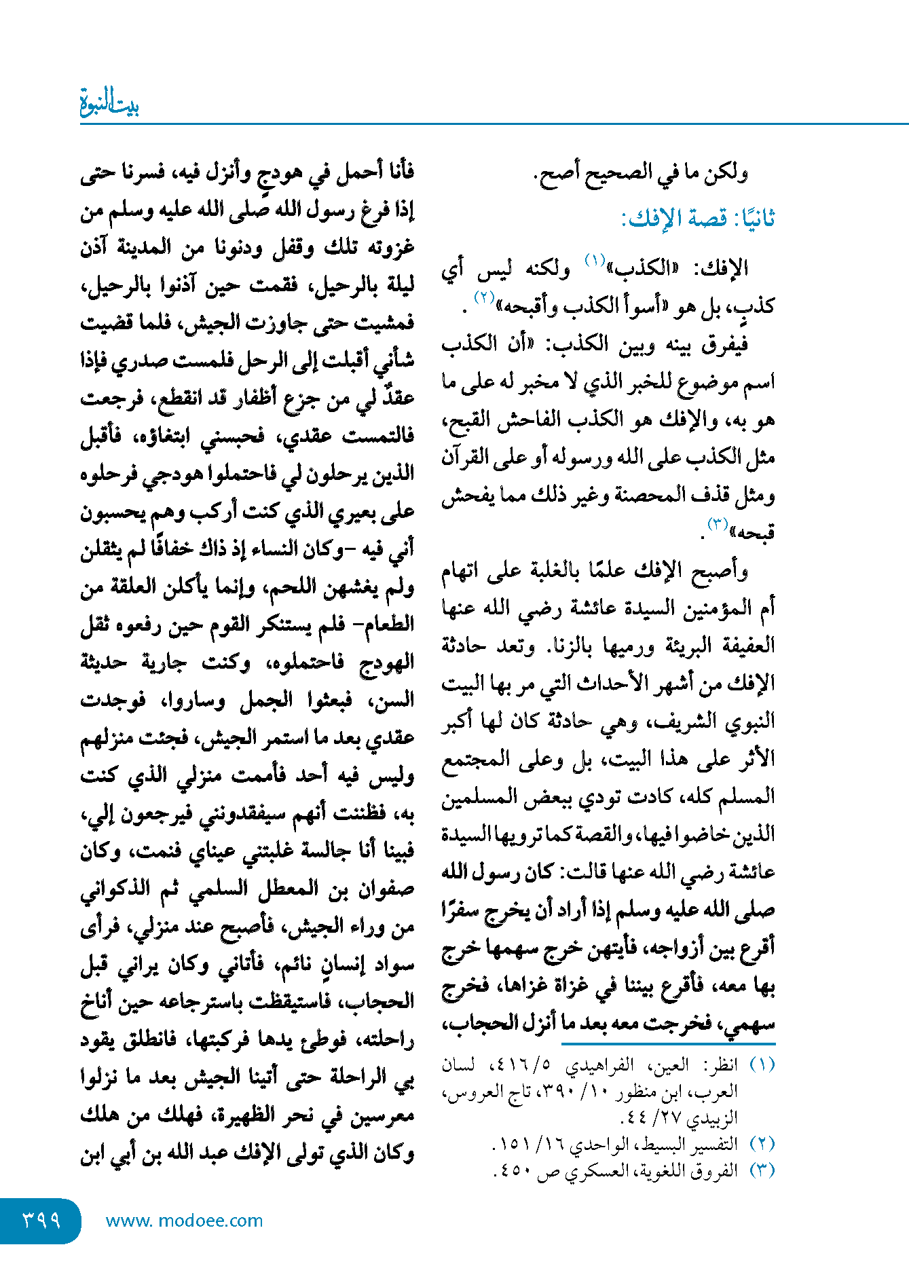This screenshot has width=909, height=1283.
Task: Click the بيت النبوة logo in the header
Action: [x=109, y=104]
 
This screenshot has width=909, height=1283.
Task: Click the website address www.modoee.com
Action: [x=184, y=1221]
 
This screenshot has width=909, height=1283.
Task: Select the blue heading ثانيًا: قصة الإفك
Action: [x=698, y=219]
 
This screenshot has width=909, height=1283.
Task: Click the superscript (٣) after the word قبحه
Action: [x=717, y=523]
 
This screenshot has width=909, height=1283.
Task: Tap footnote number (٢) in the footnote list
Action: [x=762, y=1144]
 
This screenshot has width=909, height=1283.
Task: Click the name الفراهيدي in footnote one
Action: [x=598, y=1065]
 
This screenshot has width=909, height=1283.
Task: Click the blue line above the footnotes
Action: [x=668, y=1043]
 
